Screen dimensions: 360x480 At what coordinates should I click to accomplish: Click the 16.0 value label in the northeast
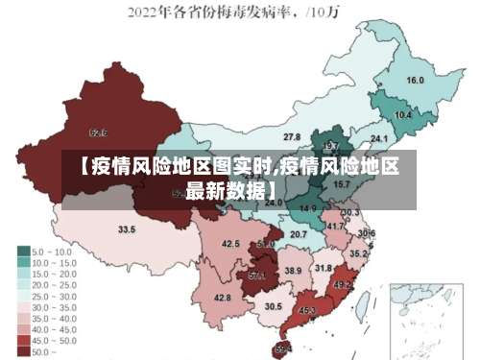416,81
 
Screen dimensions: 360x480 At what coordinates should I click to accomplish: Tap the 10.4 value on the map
403,115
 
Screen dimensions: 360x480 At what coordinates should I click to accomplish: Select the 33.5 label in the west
127,229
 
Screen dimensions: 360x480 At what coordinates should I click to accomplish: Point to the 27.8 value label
292,137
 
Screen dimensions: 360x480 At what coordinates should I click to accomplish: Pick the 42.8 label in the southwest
222,298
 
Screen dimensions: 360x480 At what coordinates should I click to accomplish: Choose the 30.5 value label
274,306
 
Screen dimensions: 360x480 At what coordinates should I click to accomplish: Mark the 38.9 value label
293,272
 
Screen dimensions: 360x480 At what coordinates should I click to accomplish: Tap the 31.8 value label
324,268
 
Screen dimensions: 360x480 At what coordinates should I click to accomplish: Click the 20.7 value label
299,233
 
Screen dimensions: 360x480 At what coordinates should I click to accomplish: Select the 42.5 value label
230,244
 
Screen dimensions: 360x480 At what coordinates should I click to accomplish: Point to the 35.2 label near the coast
357,254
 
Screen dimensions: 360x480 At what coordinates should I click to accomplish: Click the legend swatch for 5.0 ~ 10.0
23,252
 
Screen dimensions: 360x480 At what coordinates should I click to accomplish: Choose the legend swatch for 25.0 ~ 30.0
23,296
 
